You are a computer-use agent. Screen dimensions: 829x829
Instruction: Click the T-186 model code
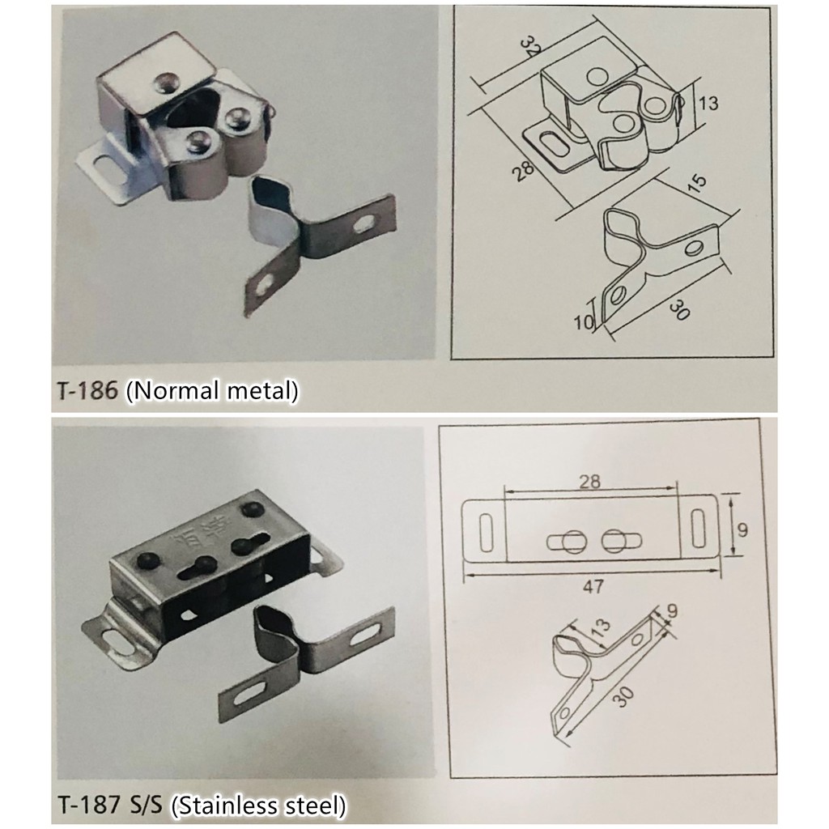coord(88,391)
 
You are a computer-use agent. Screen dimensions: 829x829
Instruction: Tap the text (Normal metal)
coord(213,390)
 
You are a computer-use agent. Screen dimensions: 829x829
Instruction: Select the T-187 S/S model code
coord(111,806)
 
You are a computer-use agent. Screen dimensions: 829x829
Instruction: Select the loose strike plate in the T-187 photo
coord(308,656)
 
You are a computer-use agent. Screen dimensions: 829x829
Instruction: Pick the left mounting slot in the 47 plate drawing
coord(485,531)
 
